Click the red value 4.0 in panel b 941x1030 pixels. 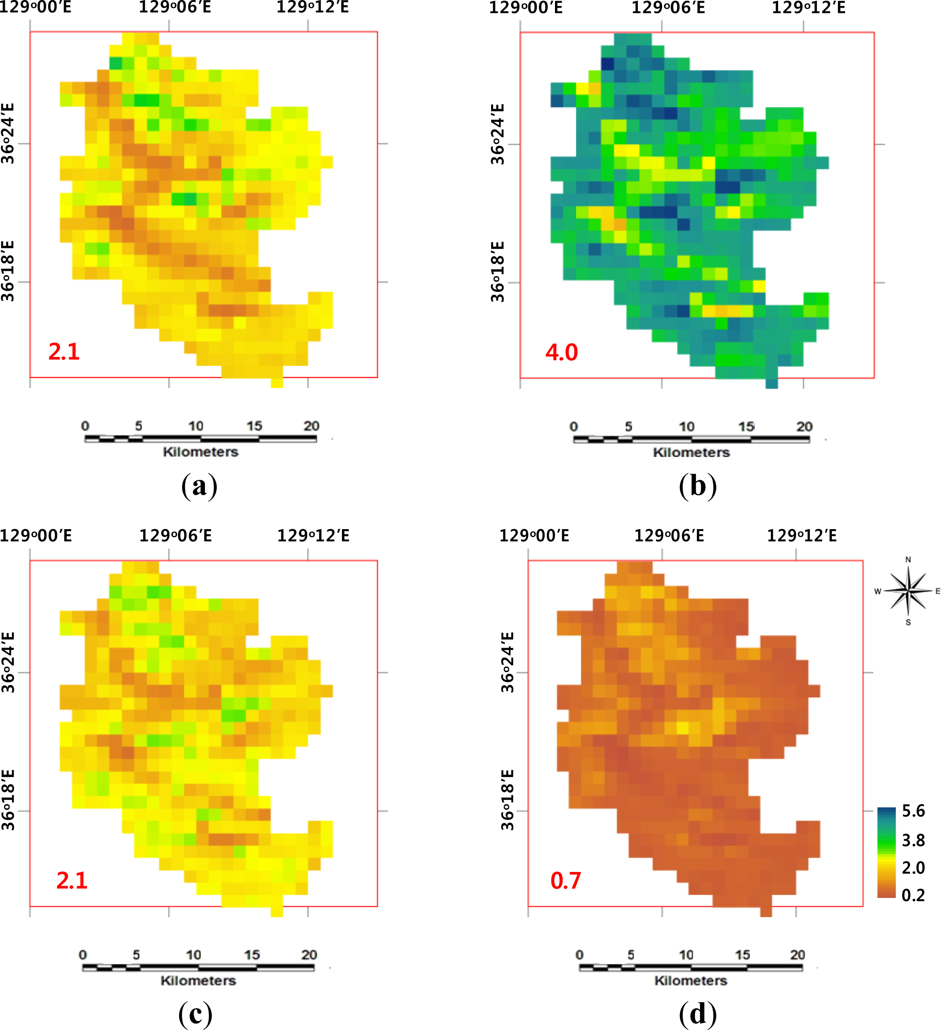click(x=561, y=352)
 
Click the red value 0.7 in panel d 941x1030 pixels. click(x=565, y=880)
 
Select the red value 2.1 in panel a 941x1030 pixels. click(x=64, y=352)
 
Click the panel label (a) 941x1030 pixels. click(x=199, y=486)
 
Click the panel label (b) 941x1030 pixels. click(x=698, y=486)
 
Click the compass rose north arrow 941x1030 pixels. click(x=908, y=590)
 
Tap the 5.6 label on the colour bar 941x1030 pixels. click(x=914, y=811)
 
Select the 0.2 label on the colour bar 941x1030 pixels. click(x=914, y=895)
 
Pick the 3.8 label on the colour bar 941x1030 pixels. click(x=914, y=840)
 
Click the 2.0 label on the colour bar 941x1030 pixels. click(x=914, y=867)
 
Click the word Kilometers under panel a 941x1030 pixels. click(x=200, y=452)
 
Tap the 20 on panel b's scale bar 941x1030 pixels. click(x=804, y=426)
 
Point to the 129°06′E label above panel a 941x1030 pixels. click(x=175, y=7)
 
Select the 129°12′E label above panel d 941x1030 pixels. click(x=802, y=536)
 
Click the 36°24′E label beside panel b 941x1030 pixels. click(x=497, y=134)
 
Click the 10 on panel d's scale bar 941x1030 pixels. click(x=686, y=954)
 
